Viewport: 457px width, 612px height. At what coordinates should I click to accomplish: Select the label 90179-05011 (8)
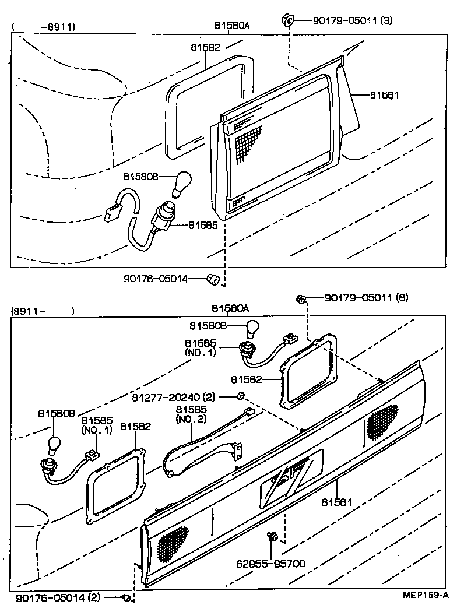[x=366, y=298]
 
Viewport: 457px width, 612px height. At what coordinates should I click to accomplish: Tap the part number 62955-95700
[x=270, y=564]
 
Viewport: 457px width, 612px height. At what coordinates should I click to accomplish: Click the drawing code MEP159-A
[x=425, y=595]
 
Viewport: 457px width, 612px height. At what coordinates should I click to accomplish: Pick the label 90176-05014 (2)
[x=58, y=598]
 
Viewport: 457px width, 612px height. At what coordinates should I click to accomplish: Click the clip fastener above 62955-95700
[x=271, y=536]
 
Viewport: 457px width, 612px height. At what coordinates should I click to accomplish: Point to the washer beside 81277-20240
[x=240, y=397]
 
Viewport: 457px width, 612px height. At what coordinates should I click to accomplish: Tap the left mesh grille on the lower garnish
[x=173, y=544]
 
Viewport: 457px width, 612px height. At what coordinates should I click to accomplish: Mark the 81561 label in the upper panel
[x=384, y=94]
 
